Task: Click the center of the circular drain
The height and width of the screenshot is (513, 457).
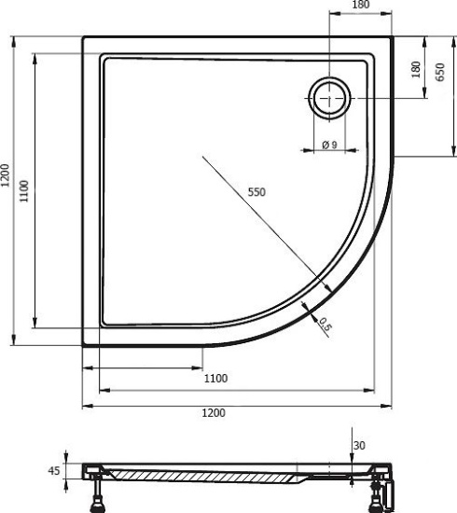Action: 329,98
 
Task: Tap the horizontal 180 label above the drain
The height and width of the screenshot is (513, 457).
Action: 361,5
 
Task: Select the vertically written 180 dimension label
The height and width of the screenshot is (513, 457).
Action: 416,69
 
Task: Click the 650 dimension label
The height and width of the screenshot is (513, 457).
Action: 440,72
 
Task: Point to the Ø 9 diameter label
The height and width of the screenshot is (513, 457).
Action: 330,145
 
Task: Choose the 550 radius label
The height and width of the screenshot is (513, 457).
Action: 256,192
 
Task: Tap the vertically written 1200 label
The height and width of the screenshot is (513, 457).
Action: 6,175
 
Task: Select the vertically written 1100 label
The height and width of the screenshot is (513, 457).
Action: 24,191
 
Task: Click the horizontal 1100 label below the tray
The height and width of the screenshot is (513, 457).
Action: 215,378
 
